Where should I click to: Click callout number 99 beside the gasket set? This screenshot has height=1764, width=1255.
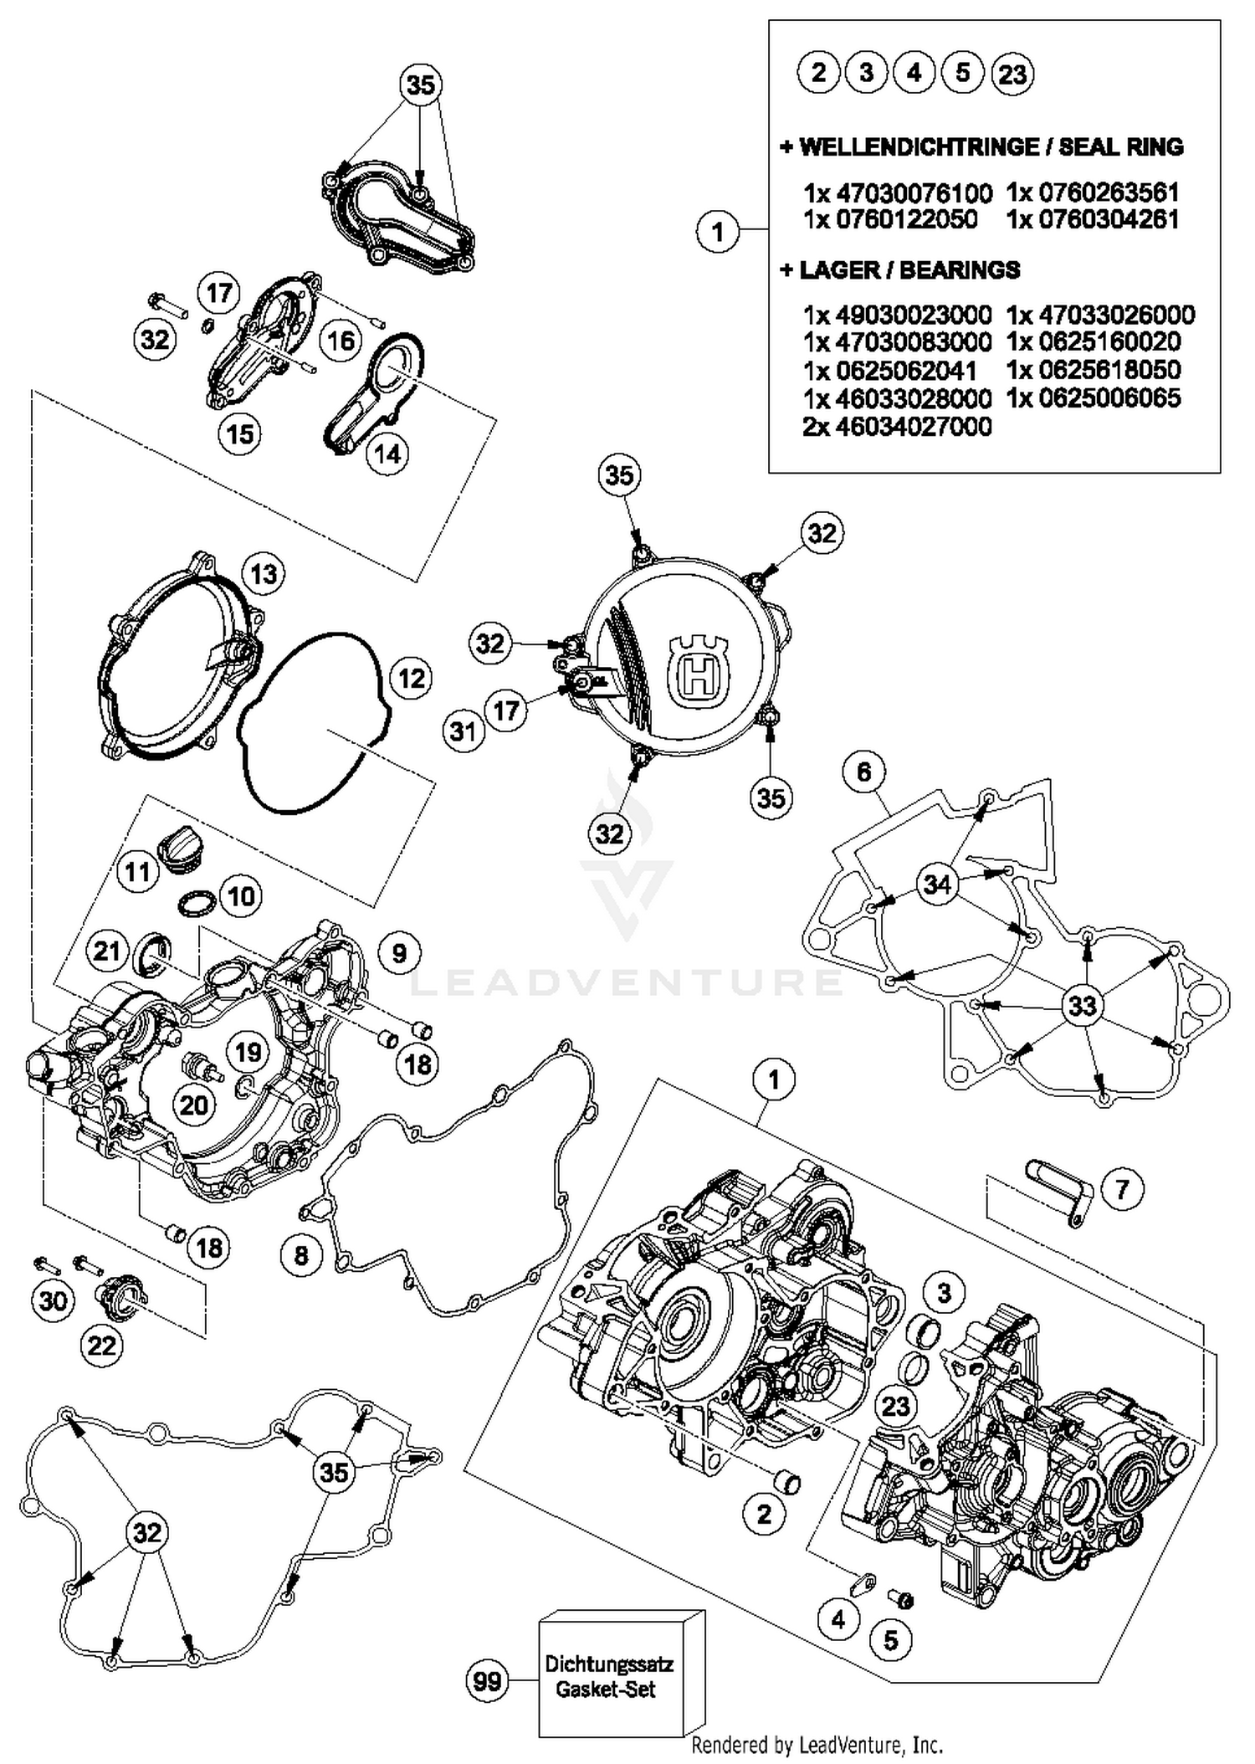[487, 1681]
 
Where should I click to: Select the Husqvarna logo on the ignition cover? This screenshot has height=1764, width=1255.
[698, 669]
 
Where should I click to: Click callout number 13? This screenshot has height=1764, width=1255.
[264, 574]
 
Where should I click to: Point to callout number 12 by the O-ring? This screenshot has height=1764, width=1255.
[411, 678]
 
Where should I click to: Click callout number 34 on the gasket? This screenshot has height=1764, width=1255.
[937, 884]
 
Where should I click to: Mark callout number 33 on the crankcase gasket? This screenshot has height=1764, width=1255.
[1082, 1005]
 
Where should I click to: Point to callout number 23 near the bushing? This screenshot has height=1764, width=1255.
[895, 1405]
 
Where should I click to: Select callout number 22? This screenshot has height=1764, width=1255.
[102, 1346]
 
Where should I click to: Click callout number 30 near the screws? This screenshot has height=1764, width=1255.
[53, 1300]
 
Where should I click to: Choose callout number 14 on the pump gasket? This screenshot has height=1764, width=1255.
[387, 454]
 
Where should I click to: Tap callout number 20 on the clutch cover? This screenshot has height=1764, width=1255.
[194, 1105]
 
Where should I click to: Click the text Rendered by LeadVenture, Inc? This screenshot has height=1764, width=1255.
[817, 1746]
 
